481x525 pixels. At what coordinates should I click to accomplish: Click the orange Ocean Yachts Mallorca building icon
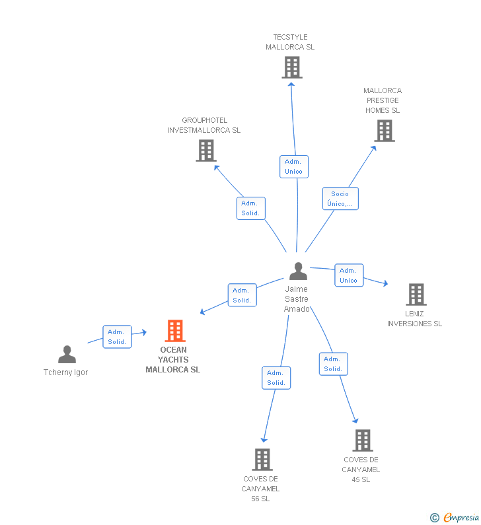pos(175,330)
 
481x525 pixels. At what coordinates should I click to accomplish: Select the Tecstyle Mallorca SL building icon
pos(292,67)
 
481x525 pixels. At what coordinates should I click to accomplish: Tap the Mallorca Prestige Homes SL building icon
pos(385,131)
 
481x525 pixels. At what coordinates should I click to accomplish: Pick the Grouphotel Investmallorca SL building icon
pos(206,151)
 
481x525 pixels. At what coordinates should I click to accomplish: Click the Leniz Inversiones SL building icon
pos(416,295)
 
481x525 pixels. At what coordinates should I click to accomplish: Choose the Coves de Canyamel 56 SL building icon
pos(262,460)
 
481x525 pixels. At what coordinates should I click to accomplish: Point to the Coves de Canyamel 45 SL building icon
pos(363,440)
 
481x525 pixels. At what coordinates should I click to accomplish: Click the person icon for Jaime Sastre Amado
pos(298,271)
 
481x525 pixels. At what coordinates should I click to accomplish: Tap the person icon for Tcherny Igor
pos(67,354)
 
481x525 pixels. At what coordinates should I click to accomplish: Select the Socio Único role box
pos(340,199)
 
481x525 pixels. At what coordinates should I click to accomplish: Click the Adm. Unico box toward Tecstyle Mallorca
pos(294,166)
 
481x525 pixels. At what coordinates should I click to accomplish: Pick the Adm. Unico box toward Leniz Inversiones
pos(349,275)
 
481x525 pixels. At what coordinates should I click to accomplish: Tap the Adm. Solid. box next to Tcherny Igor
pos(117,337)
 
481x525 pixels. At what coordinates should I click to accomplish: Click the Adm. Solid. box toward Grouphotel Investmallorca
pos(250,208)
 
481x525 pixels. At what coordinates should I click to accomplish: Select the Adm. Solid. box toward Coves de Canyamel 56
pos(276,378)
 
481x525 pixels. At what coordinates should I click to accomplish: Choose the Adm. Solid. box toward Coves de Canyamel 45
pos(333,364)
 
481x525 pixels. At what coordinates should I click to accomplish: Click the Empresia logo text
pos(461,517)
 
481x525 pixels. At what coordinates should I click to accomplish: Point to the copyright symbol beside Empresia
pos(435,518)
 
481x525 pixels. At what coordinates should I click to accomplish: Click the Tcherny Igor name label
pos(65,372)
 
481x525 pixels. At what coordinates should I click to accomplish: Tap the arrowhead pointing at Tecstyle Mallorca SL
pos(291,85)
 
